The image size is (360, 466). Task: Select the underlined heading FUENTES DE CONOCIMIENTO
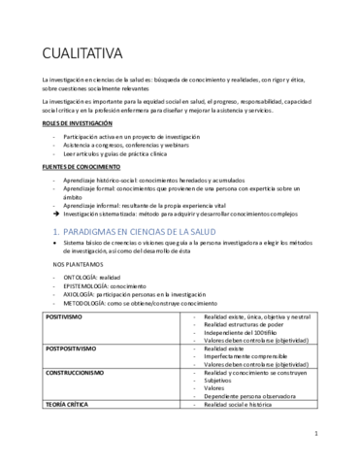point(74,167)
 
